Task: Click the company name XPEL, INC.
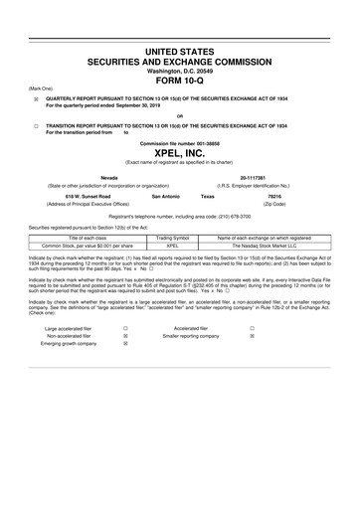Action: (x=180, y=154)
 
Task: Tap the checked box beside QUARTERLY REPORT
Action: (x=35, y=99)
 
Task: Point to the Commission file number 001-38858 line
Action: (x=180, y=143)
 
